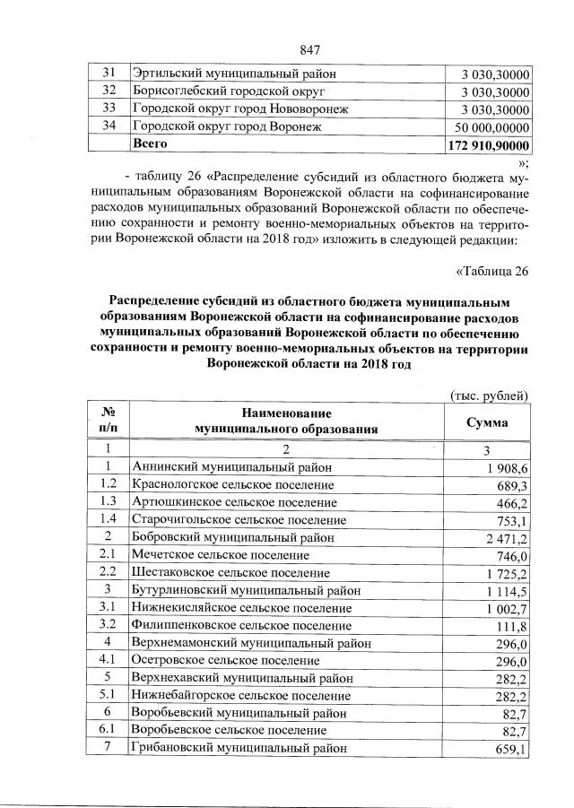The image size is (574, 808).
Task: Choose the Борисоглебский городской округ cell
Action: [x=228, y=91]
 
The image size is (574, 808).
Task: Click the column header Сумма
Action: [x=488, y=421]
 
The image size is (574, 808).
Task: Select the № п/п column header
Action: [x=107, y=421]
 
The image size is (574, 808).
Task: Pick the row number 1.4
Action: [x=107, y=520]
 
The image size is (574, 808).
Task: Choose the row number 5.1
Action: [x=107, y=694]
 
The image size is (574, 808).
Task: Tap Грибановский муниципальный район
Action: [x=238, y=747]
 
